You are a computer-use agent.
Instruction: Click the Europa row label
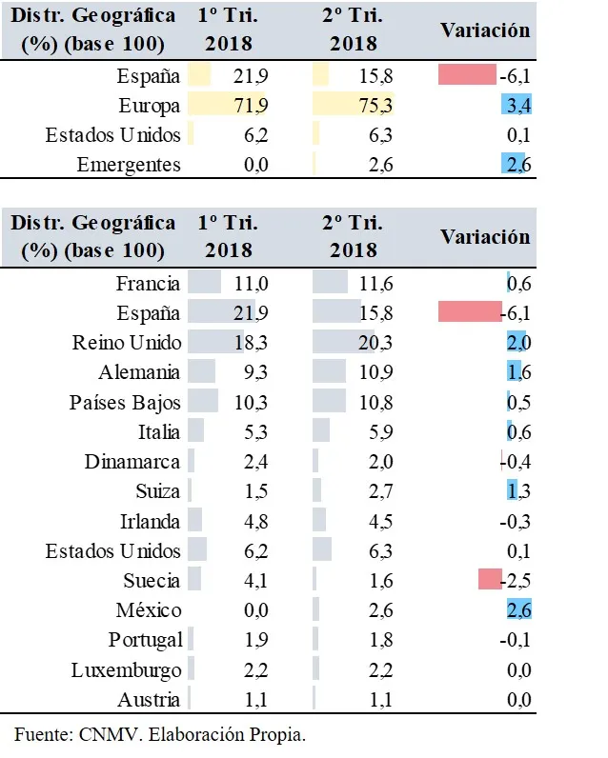pyautogui.click(x=149, y=106)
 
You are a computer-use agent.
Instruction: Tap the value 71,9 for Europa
pyautogui.click(x=252, y=106)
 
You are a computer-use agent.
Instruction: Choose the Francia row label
pyautogui.click(x=148, y=284)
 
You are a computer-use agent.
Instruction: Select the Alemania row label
pyautogui.click(x=139, y=372)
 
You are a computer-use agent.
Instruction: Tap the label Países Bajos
pyautogui.click(x=125, y=402)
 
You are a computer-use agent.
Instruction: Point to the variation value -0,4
pyautogui.click(x=517, y=462)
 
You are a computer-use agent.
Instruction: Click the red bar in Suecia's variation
pyautogui.click(x=490, y=580)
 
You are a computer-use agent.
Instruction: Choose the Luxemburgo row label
pyautogui.click(x=126, y=669)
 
